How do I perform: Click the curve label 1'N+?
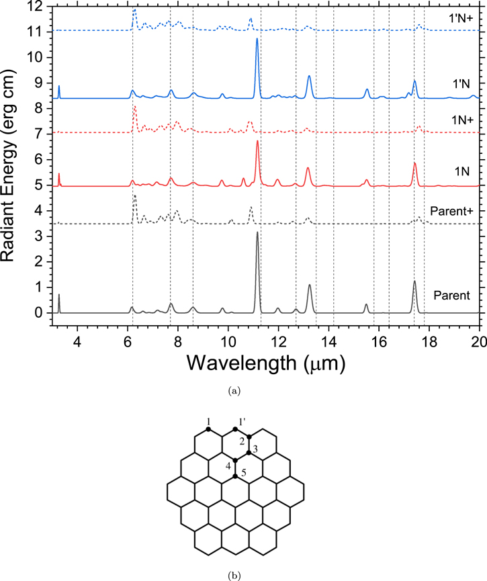461,18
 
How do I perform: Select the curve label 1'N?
461,84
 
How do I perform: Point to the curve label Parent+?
452,211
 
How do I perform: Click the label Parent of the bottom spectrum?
452,296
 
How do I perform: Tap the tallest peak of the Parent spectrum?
257,232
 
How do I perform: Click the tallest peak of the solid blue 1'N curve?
257,38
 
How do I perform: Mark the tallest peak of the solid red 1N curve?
257,141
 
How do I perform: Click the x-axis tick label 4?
77,342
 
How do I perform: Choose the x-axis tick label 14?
328,342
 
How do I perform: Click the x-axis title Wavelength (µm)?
265,363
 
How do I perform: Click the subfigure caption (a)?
234,390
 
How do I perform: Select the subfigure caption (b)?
234,576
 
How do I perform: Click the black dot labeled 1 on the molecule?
208,429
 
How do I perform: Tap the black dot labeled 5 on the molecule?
235,476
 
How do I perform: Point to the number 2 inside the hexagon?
242,441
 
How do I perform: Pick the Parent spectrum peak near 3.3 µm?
59,295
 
